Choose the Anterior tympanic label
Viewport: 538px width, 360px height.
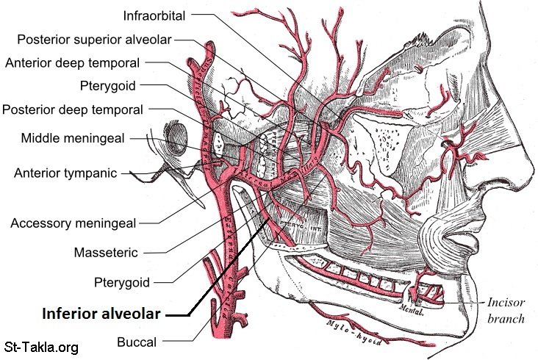pos(65,173)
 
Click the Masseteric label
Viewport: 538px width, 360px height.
pos(106,253)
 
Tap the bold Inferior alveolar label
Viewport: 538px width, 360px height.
pos(101,313)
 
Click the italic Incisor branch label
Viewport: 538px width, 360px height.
pos(506,311)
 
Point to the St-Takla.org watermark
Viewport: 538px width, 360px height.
pos(41,347)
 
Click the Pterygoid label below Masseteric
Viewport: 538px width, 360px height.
pos(123,282)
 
